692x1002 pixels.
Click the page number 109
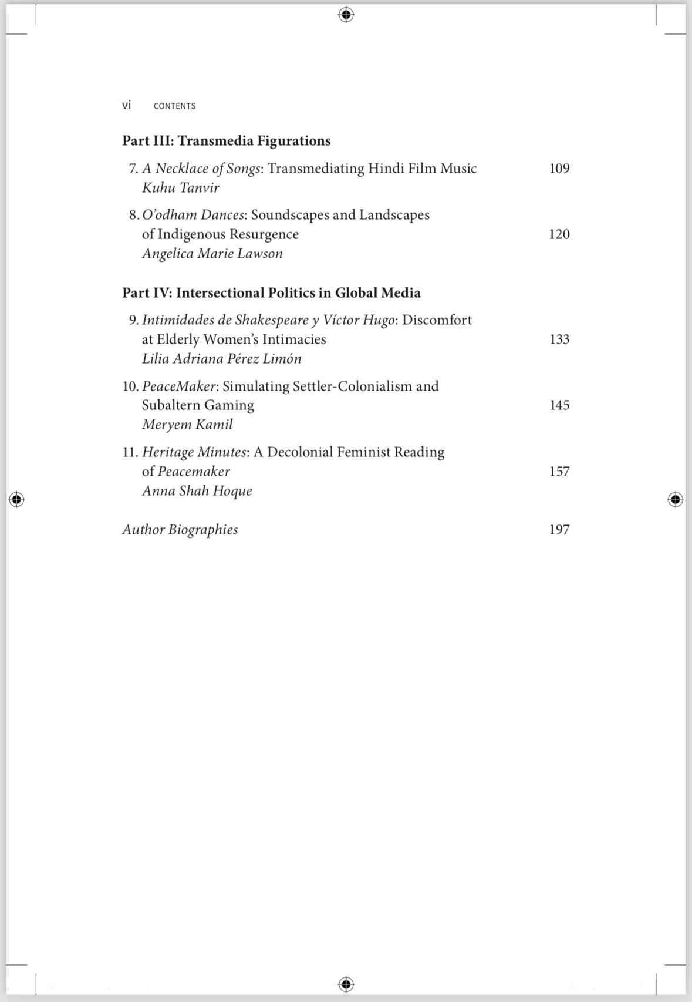559,169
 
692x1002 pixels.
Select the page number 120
559,234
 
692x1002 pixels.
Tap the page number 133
559,339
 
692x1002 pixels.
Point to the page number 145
559,405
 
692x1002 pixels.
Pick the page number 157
559,472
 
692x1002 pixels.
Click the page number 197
559,530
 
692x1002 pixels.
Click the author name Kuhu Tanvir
181,188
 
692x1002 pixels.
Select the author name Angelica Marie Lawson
212,254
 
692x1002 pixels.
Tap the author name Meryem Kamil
187,425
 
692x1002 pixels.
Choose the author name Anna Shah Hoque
197,491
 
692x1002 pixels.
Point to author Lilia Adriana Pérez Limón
222,359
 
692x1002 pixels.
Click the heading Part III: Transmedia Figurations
227,141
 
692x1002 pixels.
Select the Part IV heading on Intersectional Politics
271,293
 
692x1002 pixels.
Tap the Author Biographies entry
180,530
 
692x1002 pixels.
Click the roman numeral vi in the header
127,106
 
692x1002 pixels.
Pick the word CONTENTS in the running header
174,106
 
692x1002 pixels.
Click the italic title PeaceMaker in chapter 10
179,386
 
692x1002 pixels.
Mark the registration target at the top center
346,15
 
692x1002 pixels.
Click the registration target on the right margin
676,499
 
